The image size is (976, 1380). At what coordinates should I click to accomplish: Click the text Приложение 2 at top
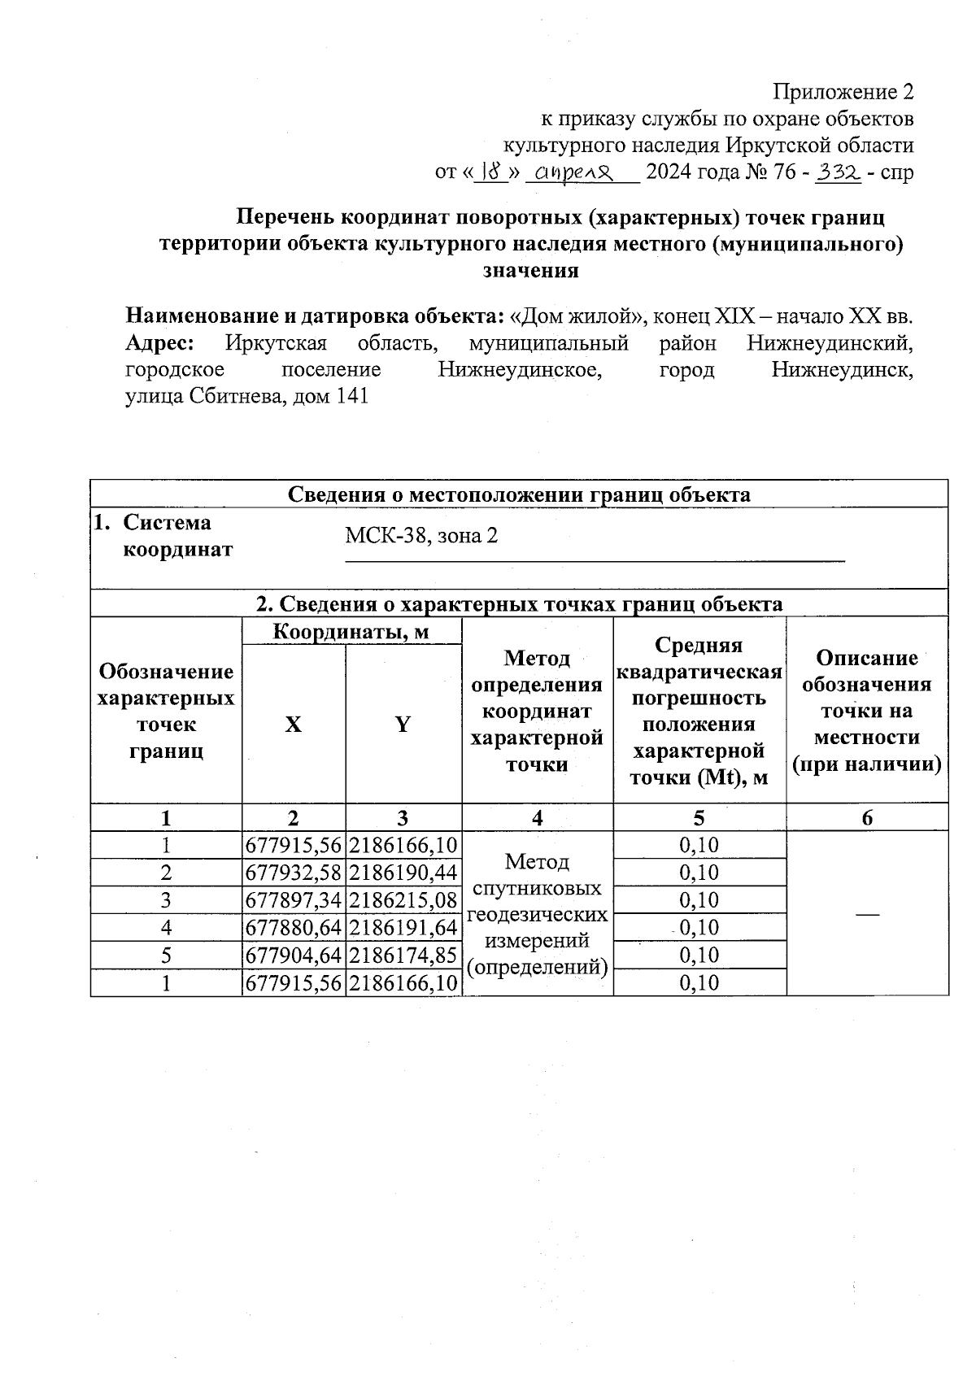pyautogui.click(x=843, y=91)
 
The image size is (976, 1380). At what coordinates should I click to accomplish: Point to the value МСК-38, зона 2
pyautogui.click(x=420, y=536)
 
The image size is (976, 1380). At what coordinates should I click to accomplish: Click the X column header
pyautogui.click(x=293, y=725)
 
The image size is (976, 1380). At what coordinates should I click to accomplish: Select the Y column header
pyautogui.click(x=403, y=725)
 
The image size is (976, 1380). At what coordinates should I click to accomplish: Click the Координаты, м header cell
pyautogui.click(x=351, y=631)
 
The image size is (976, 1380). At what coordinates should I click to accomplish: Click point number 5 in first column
pyautogui.click(x=166, y=955)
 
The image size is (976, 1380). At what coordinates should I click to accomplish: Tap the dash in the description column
pyautogui.click(x=867, y=914)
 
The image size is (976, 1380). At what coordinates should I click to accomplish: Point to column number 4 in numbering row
pyautogui.click(x=537, y=818)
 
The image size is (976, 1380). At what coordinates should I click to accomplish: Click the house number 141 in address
pyautogui.click(x=352, y=397)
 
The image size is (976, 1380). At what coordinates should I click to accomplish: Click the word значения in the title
pyautogui.click(x=530, y=271)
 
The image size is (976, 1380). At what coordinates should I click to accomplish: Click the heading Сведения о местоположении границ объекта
pyautogui.click(x=519, y=494)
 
